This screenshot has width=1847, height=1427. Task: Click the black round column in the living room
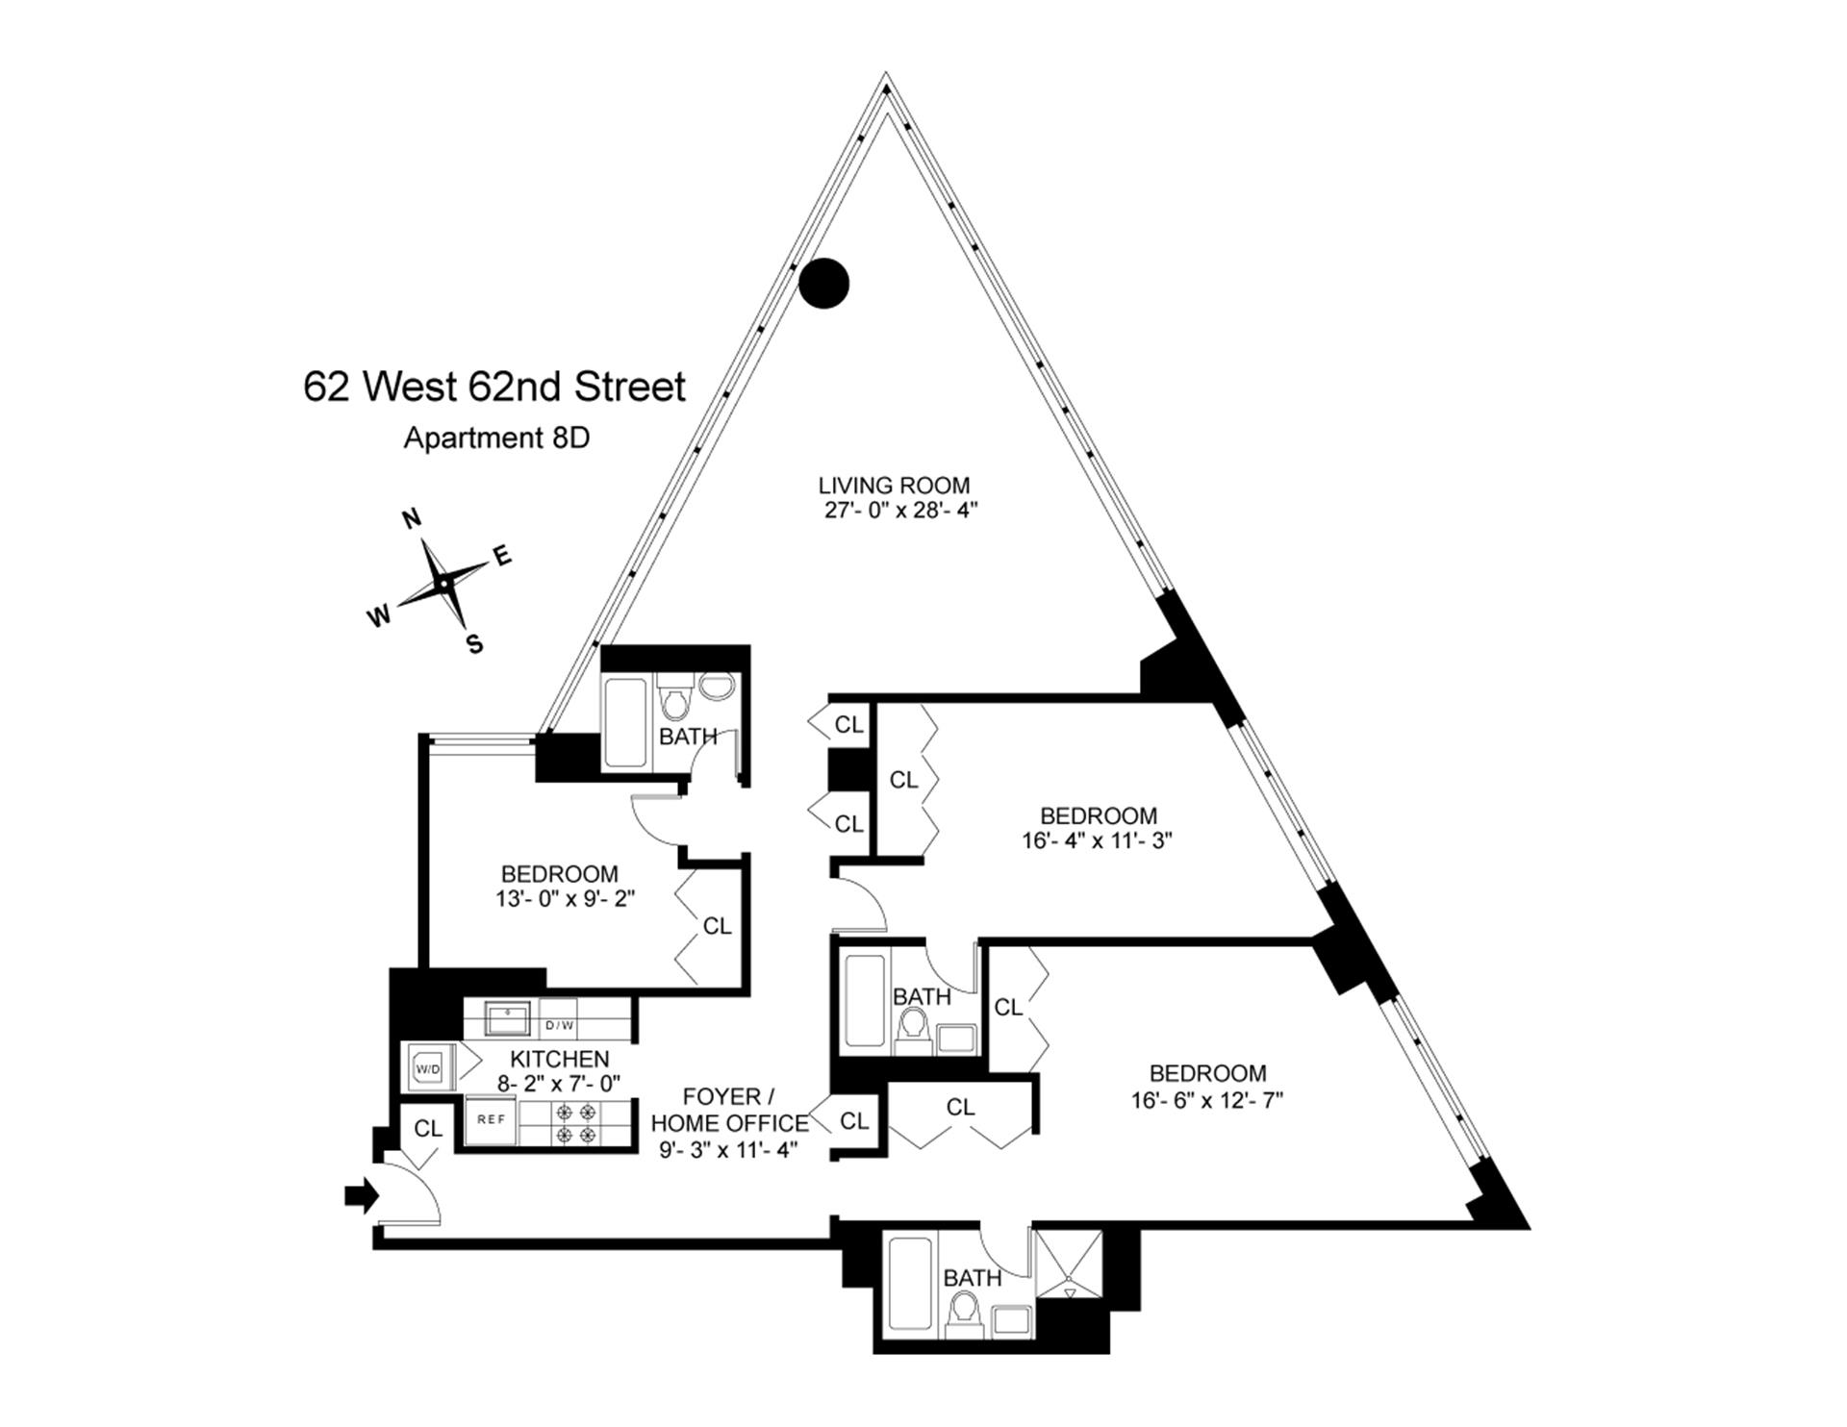[x=824, y=283]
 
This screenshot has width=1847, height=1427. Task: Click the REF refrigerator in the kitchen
[x=491, y=1119]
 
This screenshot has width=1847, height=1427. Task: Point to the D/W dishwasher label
[x=559, y=1025]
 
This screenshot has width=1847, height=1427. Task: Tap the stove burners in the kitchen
[x=574, y=1122]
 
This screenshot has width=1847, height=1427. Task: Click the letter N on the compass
[x=412, y=520]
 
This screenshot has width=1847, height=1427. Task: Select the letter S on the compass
[x=474, y=644]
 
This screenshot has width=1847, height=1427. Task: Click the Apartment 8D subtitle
[x=495, y=438]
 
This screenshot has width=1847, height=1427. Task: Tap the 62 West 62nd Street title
[x=494, y=388]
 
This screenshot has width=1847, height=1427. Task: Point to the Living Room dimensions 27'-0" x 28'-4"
[x=894, y=510]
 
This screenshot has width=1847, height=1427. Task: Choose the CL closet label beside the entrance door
[x=428, y=1129]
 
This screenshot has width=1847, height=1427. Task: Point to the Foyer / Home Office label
[x=728, y=1110]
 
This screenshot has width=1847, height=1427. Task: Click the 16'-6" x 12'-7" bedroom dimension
[x=1207, y=1099]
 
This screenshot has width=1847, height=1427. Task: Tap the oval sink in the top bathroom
[x=716, y=687]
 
